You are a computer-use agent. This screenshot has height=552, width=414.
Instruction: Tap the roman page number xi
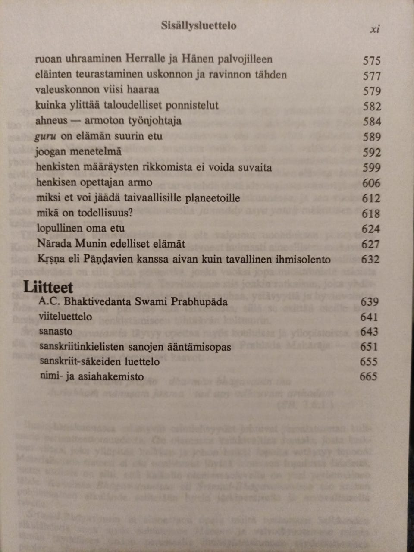click(x=375, y=29)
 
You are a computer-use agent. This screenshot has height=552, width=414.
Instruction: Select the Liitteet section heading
click(x=48, y=287)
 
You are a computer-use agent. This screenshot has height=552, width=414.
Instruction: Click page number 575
click(x=371, y=61)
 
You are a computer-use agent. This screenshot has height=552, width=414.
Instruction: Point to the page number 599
click(x=371, y=168)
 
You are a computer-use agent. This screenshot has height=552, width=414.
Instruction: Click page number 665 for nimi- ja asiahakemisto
click(x=368, y=376)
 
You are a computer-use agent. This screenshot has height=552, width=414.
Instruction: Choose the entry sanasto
click(x=56, y=332)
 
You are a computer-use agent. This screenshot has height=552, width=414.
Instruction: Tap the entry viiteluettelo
click(x=65, y=317)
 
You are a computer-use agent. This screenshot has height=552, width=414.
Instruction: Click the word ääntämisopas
click(x=198, y=347)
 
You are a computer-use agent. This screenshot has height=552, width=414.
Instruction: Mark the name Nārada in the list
click(x=53, y=244)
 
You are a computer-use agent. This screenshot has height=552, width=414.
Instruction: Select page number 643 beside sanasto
click(x=369, y=332)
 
